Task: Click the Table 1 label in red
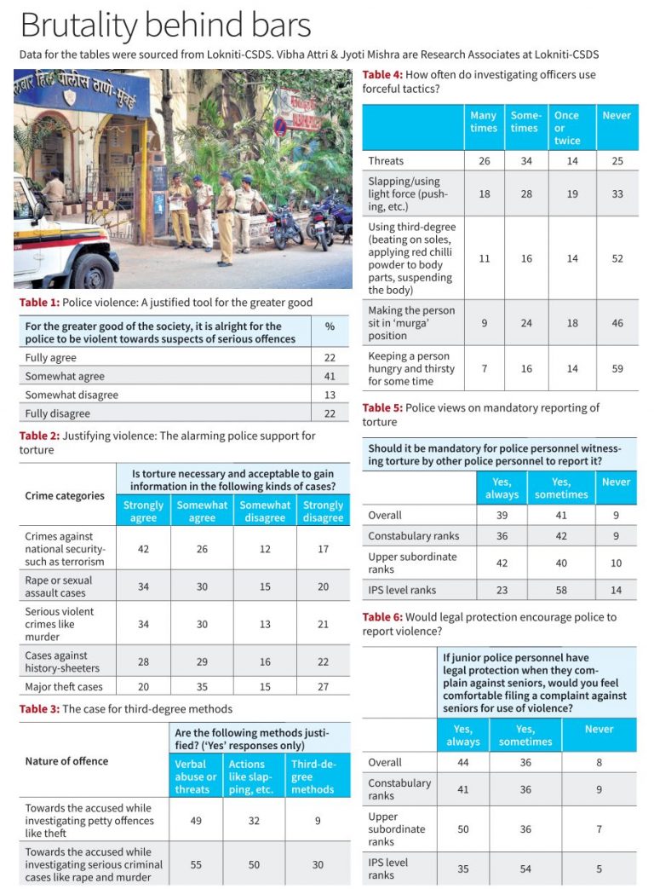pyautogui.click(x=39, y=303)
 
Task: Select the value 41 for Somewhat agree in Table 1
pyautogui.click(x=330, y=376)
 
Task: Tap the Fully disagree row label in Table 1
pyautogui.click(x=57, y=413)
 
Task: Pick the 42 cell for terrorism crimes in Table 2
pyautogui.click(x=143, y=549)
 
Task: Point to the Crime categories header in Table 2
pyautogui.click(x=65, y=495)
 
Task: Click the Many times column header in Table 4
pyautogui.click(x=483, y=122)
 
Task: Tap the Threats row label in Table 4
pyautogui.click(x=386, y=160)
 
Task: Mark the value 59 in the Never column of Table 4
pyautogui.click(x=617, y=368)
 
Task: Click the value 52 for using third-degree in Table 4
pyautogui.click(x=617, y=258)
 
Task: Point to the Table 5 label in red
pyautogui.click(x=382, y=408)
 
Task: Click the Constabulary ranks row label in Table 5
pyautogui.click(x=414, y=535)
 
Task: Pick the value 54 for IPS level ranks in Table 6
pyautogui.click(x=525, y=869)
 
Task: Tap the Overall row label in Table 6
pyautogui.click(x=385, y=762)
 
